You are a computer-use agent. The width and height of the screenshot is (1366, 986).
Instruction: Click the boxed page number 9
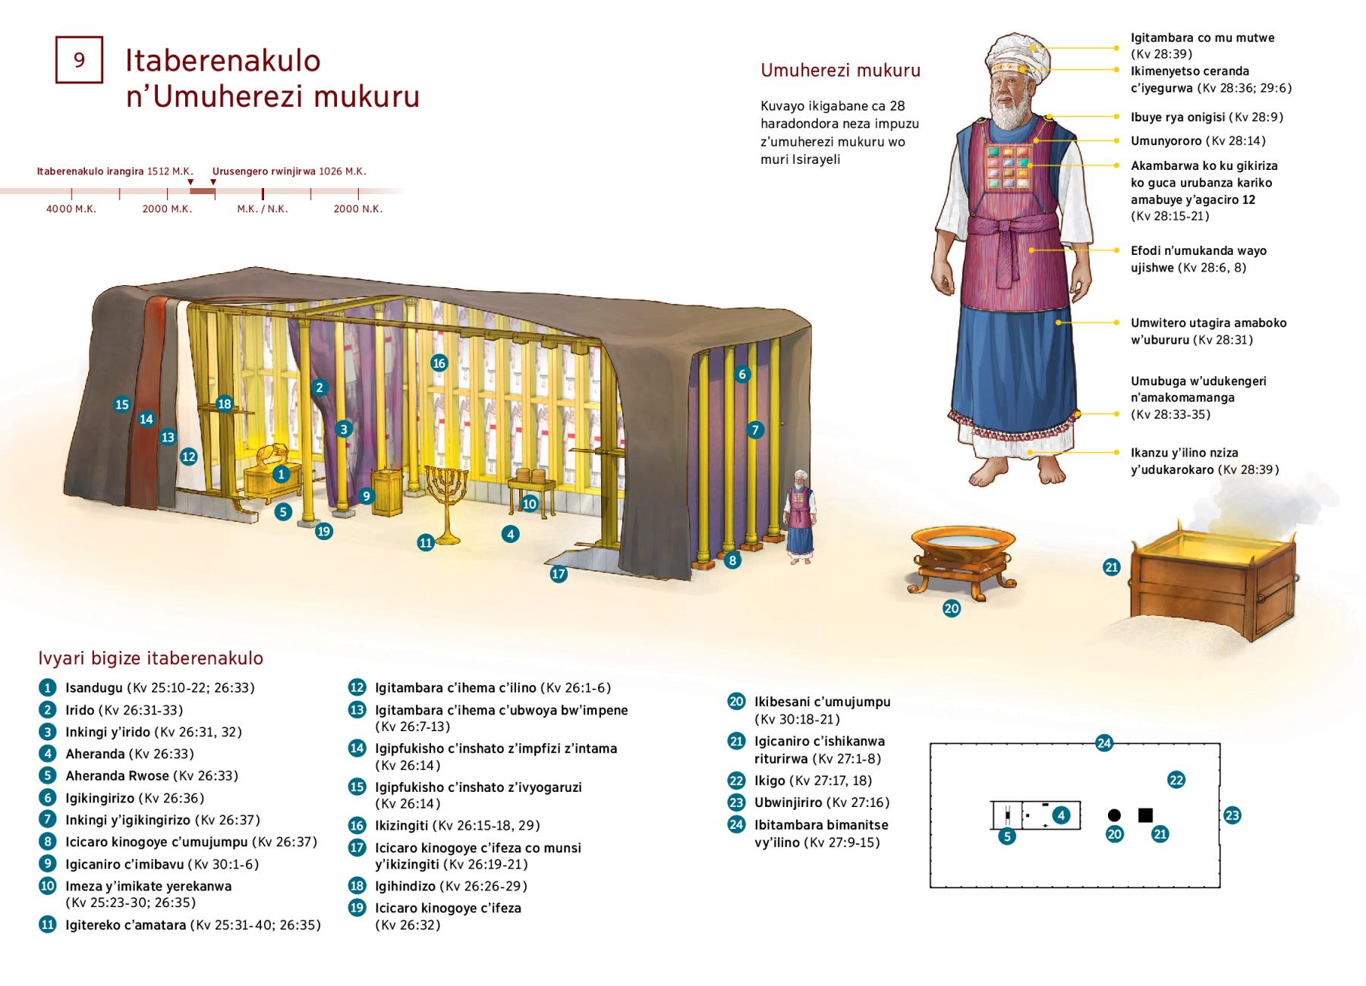79,60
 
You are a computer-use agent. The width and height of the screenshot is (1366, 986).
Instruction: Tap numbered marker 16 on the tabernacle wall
439,363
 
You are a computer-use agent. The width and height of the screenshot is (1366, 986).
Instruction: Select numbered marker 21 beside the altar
1112,567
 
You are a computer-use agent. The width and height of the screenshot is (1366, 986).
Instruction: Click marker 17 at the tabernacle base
559,574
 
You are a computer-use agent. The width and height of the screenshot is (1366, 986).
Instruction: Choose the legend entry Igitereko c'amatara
126,925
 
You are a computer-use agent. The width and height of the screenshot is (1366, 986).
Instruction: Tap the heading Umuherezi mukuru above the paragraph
840,71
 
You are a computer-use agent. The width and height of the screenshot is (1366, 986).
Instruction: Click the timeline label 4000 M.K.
71,209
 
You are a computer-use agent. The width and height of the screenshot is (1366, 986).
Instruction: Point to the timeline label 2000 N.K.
358,209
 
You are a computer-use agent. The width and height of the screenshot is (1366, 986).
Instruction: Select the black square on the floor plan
1145,815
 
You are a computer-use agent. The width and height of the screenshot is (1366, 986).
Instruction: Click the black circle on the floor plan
1114,815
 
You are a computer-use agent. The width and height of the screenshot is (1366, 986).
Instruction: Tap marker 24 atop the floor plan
1104,743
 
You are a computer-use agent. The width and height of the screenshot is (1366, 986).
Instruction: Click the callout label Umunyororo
1165,141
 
